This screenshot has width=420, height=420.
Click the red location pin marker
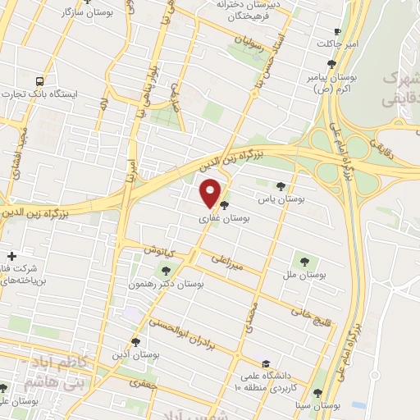point(212,193)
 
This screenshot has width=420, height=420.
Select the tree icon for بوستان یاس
point(281,186)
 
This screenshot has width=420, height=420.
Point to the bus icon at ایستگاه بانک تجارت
point(40,81)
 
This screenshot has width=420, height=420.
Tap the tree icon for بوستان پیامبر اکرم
point(331,63)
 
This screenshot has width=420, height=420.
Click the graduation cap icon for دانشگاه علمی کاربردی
point(264,363)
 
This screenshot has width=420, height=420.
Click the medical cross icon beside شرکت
point(11,256)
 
